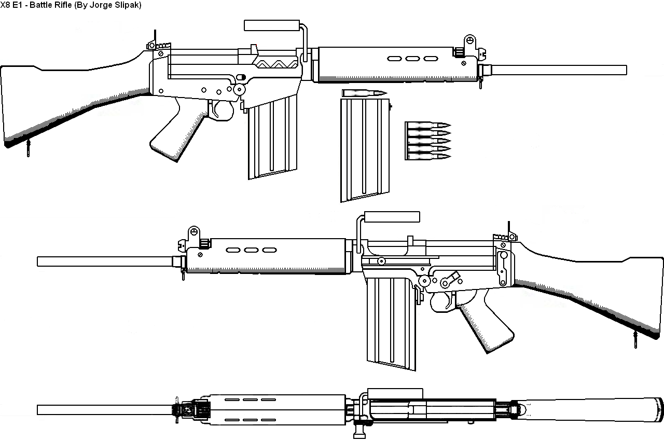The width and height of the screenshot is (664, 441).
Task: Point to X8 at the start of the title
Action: coord(5,5)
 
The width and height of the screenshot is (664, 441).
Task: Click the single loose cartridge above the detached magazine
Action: coord(365,93)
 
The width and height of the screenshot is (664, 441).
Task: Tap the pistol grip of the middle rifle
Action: coord(485,322)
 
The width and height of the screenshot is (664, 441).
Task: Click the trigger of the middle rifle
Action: coord(447,300)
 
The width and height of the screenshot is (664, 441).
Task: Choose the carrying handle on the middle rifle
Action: coord(392,217)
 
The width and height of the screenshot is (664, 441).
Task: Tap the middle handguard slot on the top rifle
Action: coord(412,59)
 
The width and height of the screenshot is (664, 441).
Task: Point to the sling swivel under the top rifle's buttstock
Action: coord(29,148)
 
